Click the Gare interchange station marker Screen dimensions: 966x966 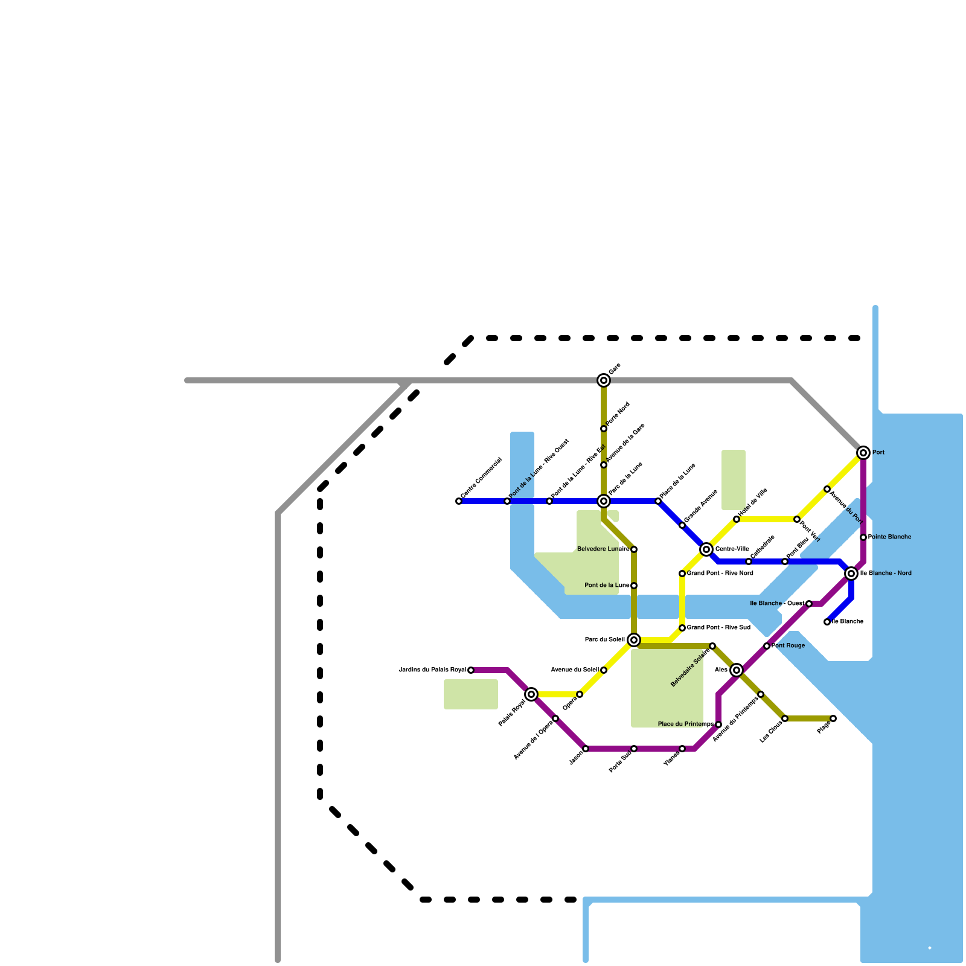604,380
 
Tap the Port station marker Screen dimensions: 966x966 863,453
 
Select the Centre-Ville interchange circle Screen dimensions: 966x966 706,549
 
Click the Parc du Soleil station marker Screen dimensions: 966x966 634,640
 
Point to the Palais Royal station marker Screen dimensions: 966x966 531,694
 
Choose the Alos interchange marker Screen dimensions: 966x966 737,670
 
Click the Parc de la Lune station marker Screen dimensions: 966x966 604,501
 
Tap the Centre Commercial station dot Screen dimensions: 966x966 459,501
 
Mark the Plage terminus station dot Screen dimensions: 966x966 833,718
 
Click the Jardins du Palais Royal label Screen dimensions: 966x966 432,670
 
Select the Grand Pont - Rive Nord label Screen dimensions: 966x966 720,574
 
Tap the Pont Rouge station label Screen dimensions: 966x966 788,646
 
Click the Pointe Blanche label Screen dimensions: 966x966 889,537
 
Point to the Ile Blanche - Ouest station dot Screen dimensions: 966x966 809,604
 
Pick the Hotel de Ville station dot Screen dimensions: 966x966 737,519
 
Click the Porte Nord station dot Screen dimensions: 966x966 604,429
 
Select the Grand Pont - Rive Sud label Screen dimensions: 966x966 718,628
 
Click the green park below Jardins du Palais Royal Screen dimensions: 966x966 471,694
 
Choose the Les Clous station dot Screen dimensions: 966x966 785,718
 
